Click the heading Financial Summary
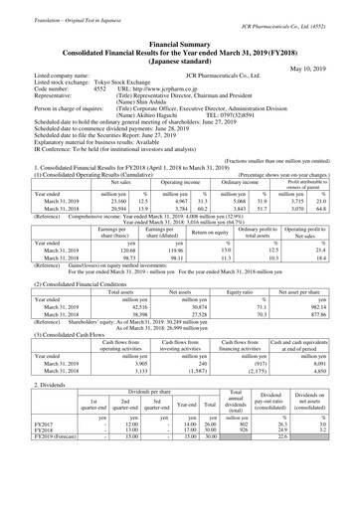coord(179,17)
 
